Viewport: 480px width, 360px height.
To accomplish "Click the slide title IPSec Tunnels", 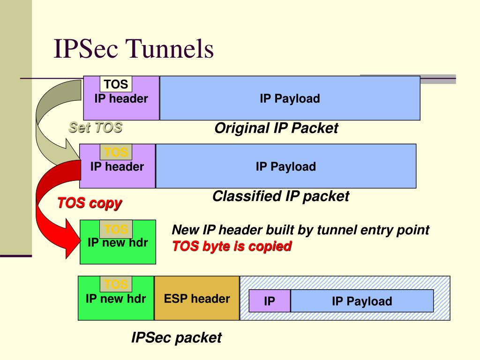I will [x=134, y=49].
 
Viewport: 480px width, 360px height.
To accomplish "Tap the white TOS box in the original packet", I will [x=116, y=84].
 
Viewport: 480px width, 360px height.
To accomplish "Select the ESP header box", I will [x=197, y=299].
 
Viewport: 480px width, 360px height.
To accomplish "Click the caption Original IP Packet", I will [x=276, y=128].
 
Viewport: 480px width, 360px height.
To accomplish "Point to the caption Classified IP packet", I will [x=280, y=196].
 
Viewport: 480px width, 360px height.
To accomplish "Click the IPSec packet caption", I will [x=176, y=337].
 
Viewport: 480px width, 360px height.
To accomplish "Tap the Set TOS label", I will [x=95, y=127].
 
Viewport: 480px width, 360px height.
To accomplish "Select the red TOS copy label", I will [x=89, y=203].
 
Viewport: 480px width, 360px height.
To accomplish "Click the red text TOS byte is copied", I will [x=232, y=246].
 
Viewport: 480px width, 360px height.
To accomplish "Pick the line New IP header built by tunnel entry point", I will [x=300, y=230].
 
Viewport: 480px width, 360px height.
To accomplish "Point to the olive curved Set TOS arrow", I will [x=52, y=122].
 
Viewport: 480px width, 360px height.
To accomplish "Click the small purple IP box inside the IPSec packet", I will [x=270, y=301].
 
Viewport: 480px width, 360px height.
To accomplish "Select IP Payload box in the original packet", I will [x=290, y=98].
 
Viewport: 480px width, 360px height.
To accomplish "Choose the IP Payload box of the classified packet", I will [x=285, y=166].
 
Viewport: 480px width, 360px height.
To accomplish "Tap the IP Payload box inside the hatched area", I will [x=362, y=301].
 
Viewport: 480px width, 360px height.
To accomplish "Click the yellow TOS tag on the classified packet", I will [x=116, y=152].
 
